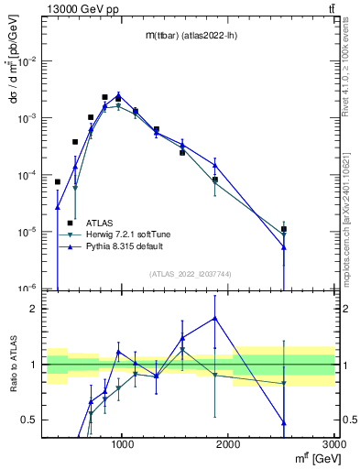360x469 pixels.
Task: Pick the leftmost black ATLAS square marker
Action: click(57, 181)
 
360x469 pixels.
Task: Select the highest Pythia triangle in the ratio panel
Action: click(214, 318)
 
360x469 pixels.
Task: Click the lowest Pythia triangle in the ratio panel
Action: click(284, 422)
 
